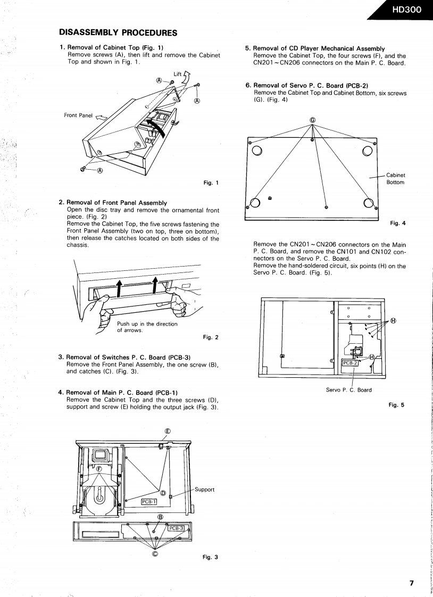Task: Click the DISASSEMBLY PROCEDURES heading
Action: pyautogui.click(x=118, y=32)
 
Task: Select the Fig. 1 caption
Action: pyautogui.click(x=211, y=183)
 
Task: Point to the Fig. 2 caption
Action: pyautogui.click(x=211, y=337)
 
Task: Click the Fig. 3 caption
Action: pyautogui.click(x=210, y=557)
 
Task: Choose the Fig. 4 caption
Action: pyautogui.click(x=397, y=223)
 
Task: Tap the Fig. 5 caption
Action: pyautogui.click(x=396, y=405)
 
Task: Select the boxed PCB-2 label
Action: pyautogui.click(x=349, y=363)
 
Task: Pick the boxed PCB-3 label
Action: pyautogui.click(x=176, y=528)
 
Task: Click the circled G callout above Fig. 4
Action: pyautogui.click(x=312, y=120)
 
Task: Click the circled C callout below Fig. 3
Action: pyautogui.click(x=155, y=553)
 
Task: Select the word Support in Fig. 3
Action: pyautogui.click(x=204, y=490)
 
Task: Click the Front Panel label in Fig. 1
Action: pyautogui.click(x=78, y=115)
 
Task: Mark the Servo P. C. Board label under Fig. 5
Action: pyautogui.click(x=348, y=389)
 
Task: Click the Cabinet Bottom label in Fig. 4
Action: pyautogui.click(x=395, y=178)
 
